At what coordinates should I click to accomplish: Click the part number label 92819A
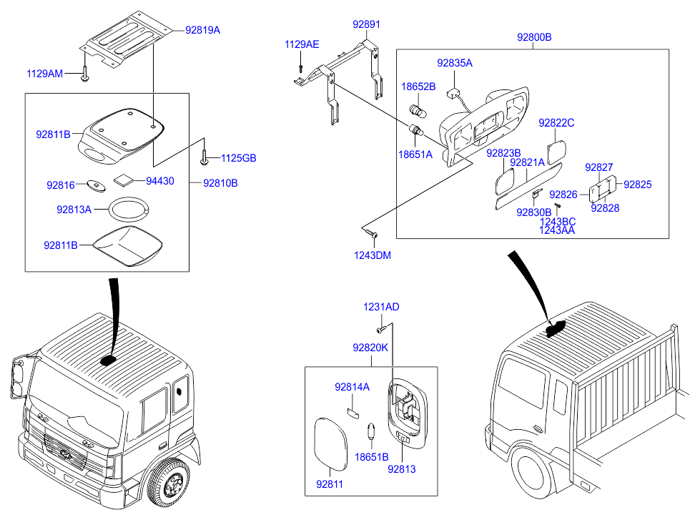coord(202,31)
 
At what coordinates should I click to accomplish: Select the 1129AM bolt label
coord(44,74)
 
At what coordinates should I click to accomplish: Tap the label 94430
coord(159,181)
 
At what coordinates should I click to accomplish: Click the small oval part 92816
coord(96,186)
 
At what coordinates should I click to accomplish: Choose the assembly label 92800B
coord(535,37)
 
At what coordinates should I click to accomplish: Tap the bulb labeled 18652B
coord(415,110)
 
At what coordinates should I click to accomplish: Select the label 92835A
coord(455,63)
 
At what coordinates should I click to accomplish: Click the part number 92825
coord(637,184)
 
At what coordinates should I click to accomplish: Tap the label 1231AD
coord(381,307)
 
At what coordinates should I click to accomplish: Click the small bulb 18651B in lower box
coord(371,432)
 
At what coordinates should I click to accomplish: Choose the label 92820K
coord(370,348)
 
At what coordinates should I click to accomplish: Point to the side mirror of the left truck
coord(19,378)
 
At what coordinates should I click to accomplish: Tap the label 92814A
coord(352,387)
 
